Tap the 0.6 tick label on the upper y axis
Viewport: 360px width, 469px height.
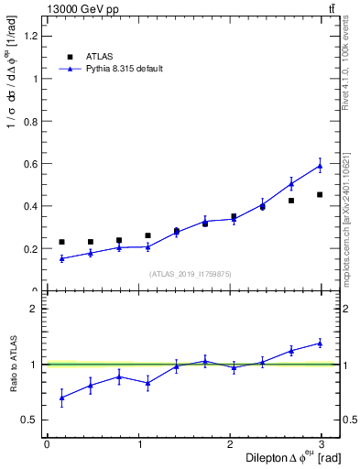click(x=30, y=163)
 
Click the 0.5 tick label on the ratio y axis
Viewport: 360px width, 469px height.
click(x=30, y=420)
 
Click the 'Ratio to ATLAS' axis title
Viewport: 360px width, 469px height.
click(x=12, y=365)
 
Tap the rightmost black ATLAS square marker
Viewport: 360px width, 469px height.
click(x=320, y=194)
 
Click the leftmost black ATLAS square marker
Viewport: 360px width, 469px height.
click(x=61, y=242)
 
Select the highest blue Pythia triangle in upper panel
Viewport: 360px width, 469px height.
click(x=320, y=166)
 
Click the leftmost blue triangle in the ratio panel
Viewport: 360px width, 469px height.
click(x=61, y=398)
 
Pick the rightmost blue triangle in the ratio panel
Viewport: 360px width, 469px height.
click(x=320, y=343)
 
